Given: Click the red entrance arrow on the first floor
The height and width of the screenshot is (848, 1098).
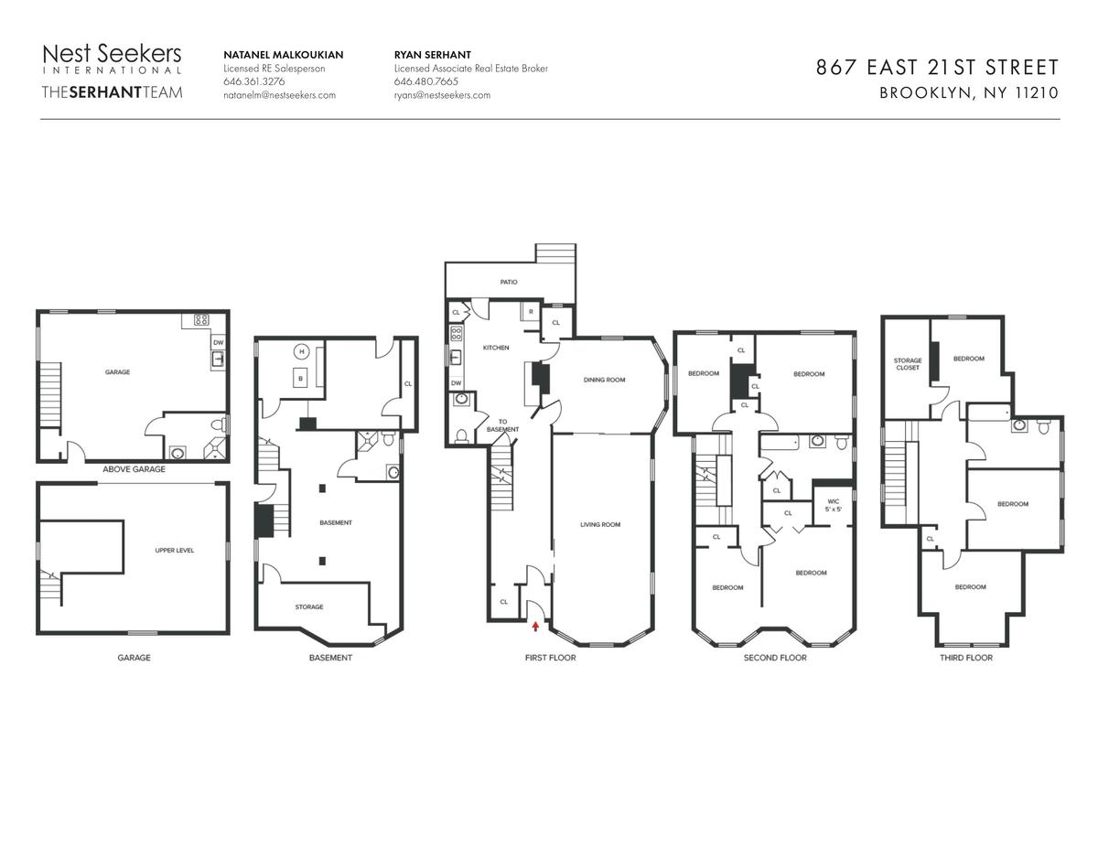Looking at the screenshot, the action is (x=535, y=627).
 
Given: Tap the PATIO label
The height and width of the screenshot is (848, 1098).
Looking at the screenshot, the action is (x=509, y=282).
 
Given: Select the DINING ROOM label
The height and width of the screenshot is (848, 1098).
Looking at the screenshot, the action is (x=604, y=380).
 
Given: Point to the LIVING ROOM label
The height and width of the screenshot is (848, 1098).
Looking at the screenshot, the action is (x=599, y=524).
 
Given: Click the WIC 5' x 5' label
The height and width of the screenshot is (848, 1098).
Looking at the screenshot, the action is (x=834, y=506).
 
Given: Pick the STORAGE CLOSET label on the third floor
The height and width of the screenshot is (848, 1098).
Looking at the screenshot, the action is (x=908, y=364).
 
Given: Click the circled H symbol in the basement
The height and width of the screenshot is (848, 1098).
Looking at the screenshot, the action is (x=302, y=351).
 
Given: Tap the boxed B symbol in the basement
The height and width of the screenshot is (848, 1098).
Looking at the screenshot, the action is (x=301, y=379).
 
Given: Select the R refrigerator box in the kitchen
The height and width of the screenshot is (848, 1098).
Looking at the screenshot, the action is (x=531, y=312).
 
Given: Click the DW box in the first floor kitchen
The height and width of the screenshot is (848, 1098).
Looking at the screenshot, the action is (x=457, y=383).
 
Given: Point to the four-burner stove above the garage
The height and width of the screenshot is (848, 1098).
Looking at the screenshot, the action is (x=201, y=319).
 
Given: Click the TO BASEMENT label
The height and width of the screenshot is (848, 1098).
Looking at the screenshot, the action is (x=502, y=425).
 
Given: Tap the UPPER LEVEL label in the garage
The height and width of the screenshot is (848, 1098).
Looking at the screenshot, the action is (x=175, y=550).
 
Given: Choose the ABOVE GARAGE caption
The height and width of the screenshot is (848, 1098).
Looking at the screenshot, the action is (x=134, y=469).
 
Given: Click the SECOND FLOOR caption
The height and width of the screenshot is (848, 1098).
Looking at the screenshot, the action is (x=775, y=658).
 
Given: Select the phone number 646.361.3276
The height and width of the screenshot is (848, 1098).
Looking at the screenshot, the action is (x=254, y=81).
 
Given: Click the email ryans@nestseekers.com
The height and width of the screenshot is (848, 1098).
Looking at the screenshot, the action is (x=442, y=95).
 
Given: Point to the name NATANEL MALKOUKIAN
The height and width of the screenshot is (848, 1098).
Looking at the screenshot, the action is (x=284, y=55).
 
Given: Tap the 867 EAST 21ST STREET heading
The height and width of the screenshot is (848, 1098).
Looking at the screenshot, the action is (x=937, y=67).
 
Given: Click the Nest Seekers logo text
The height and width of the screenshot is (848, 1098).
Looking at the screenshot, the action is (x=112, y=54).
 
